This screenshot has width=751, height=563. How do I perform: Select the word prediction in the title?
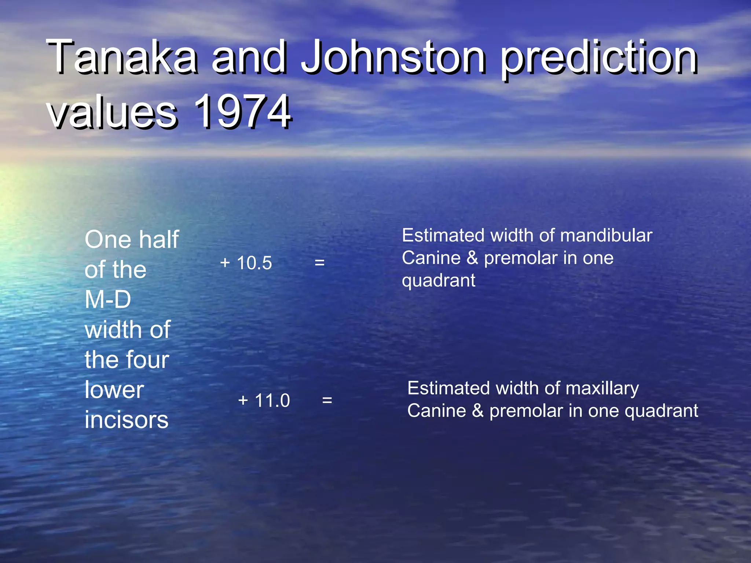[599, 59]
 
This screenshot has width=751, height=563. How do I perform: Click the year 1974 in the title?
[242, 111]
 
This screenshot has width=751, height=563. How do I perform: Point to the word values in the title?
[112, 112]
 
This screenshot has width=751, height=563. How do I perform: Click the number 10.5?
[254, 263]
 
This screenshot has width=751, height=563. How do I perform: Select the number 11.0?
[272, 400]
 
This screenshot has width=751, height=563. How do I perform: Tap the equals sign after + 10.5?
[319, 262]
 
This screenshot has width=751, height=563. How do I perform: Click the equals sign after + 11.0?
[327, 400]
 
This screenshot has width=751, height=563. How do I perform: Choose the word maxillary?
[602, 389]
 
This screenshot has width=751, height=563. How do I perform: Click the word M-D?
[108, 299]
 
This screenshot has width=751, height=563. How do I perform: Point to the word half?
[159, 239]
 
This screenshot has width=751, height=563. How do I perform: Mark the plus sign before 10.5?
[225, 263]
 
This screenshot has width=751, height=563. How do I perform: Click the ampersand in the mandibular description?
[472, 258]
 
